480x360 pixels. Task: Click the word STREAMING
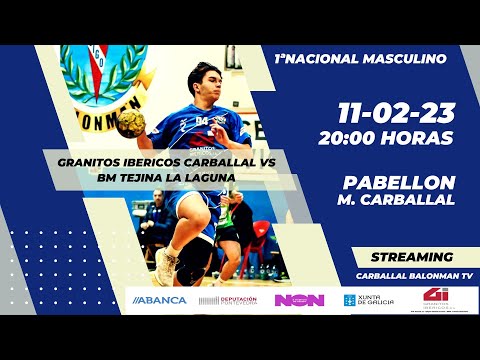point(411,256)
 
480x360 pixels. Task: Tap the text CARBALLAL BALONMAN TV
point(411,275)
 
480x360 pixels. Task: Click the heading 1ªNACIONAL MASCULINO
point(359,59)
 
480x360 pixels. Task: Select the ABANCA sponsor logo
point(160,299)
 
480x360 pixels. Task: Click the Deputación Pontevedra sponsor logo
point(227,299)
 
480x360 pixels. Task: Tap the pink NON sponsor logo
point(298,299)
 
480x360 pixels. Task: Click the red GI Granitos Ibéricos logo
point(435,298)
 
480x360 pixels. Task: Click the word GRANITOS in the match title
point(89,162)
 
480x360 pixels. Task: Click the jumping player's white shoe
point(164,265)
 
